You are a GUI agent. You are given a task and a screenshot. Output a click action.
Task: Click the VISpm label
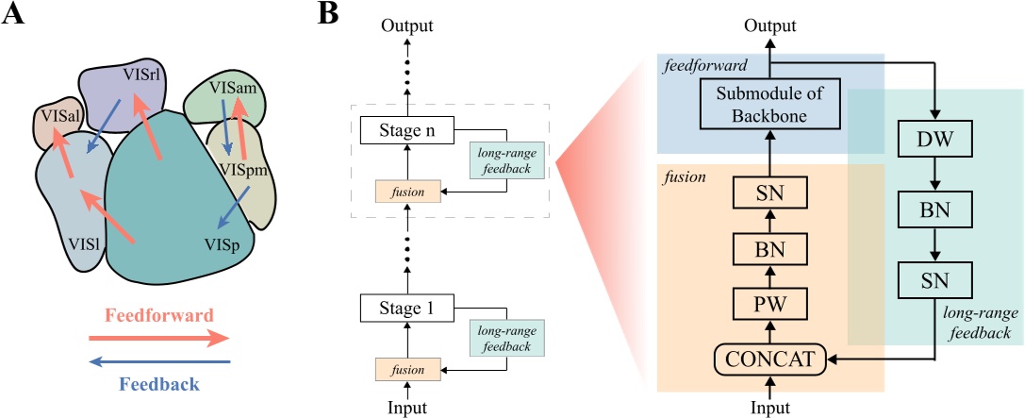[x=237, y=169]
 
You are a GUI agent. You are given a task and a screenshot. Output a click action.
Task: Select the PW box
[x=771, y=306]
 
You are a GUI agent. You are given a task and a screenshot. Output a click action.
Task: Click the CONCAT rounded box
[x=771, y=359]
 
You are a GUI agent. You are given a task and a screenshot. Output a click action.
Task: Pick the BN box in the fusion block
[x=771, y=250]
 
